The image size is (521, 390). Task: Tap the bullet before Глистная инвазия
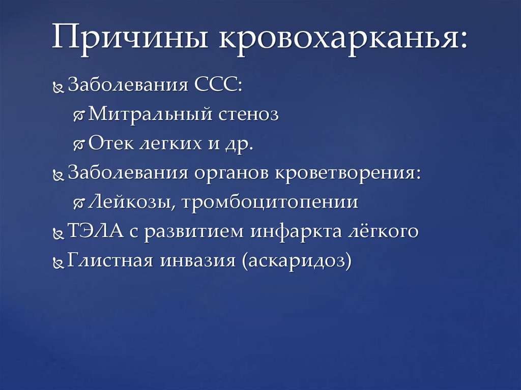[x=59, y=262]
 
